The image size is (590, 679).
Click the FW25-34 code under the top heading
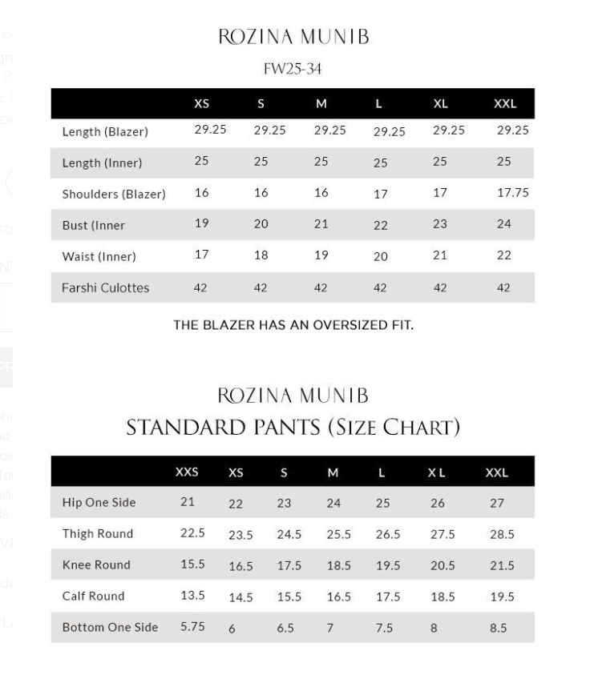(293, 69)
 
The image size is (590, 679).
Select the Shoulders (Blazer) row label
(114, 194)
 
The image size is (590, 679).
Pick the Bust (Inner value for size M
(321, 224)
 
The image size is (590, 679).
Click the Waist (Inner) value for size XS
(201, 255)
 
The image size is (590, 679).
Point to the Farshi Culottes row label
(105, 287)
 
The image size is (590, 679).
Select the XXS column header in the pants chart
(187, 472)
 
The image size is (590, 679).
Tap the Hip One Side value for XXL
(497, 503)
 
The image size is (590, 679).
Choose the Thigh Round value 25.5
(339, 534)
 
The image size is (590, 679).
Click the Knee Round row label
(96, 564)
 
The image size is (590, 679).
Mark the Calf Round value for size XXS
(192, 595)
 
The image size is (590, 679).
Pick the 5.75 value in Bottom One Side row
(193, 627)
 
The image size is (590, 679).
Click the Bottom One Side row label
(110, 627)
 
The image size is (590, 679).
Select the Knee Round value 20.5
(442, 565)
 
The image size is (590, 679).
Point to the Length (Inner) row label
(102, 163)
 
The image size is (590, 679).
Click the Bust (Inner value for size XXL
(503, 224)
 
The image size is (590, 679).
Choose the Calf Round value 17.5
(388, 597)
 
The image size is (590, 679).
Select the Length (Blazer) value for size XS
(210, 130)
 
